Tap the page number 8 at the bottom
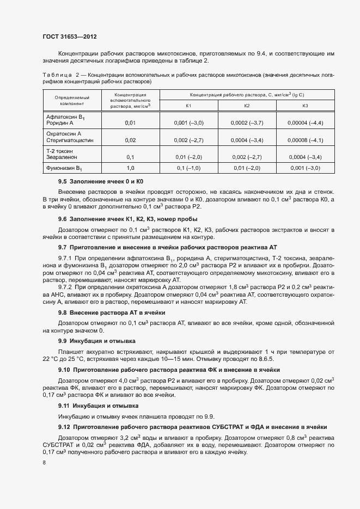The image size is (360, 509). click(44, 462)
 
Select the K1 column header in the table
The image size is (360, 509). click(188, 106)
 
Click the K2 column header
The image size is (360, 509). click(247, 106)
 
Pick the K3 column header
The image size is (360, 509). click(305, 106)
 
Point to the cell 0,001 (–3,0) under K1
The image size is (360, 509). click(188, 123)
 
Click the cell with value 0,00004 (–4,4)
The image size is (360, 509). click(305, 123)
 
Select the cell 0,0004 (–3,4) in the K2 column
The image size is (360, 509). click(247, 140)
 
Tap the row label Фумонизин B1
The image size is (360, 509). click(64, 168)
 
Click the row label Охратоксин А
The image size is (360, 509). click(64, 133)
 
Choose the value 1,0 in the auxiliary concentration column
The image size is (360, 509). click(130, 168)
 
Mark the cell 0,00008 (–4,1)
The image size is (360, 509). click(305, 140)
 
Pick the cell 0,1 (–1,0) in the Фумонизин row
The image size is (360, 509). click(188, 168)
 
